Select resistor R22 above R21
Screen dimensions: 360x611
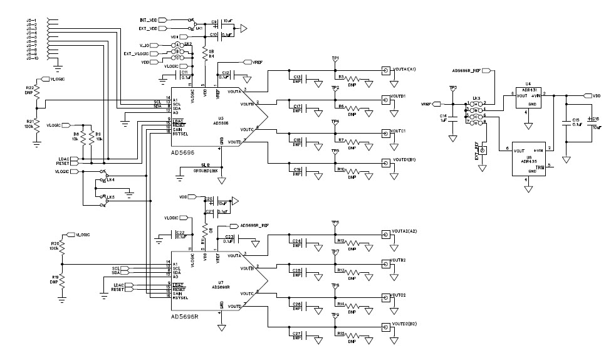coord(36,92)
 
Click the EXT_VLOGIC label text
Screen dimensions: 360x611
coord(135,54)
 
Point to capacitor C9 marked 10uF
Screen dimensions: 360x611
coord(215,22)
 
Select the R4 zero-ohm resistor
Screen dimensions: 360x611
coord(204,55)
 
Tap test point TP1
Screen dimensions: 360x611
coord(335,59)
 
